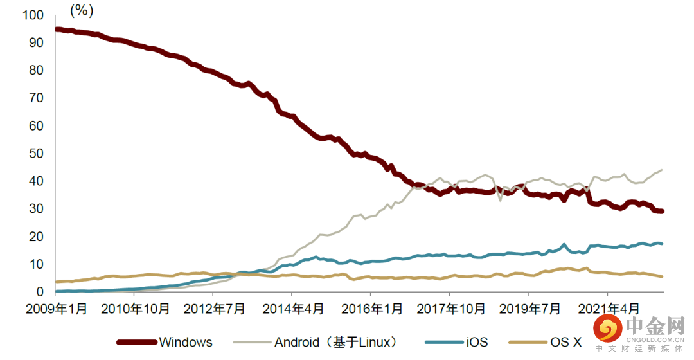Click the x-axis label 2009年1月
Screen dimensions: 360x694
(x=57, y=309)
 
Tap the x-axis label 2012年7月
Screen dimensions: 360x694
(x=214, y=309)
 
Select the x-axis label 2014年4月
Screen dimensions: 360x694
(x=292, y=309)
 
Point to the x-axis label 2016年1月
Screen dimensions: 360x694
(x=371, y=309)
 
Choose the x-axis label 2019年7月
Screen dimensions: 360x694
(x=529, y=309)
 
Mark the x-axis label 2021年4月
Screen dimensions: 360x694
(x=608, y=309)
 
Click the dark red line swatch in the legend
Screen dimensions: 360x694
(x=136, y=342)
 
